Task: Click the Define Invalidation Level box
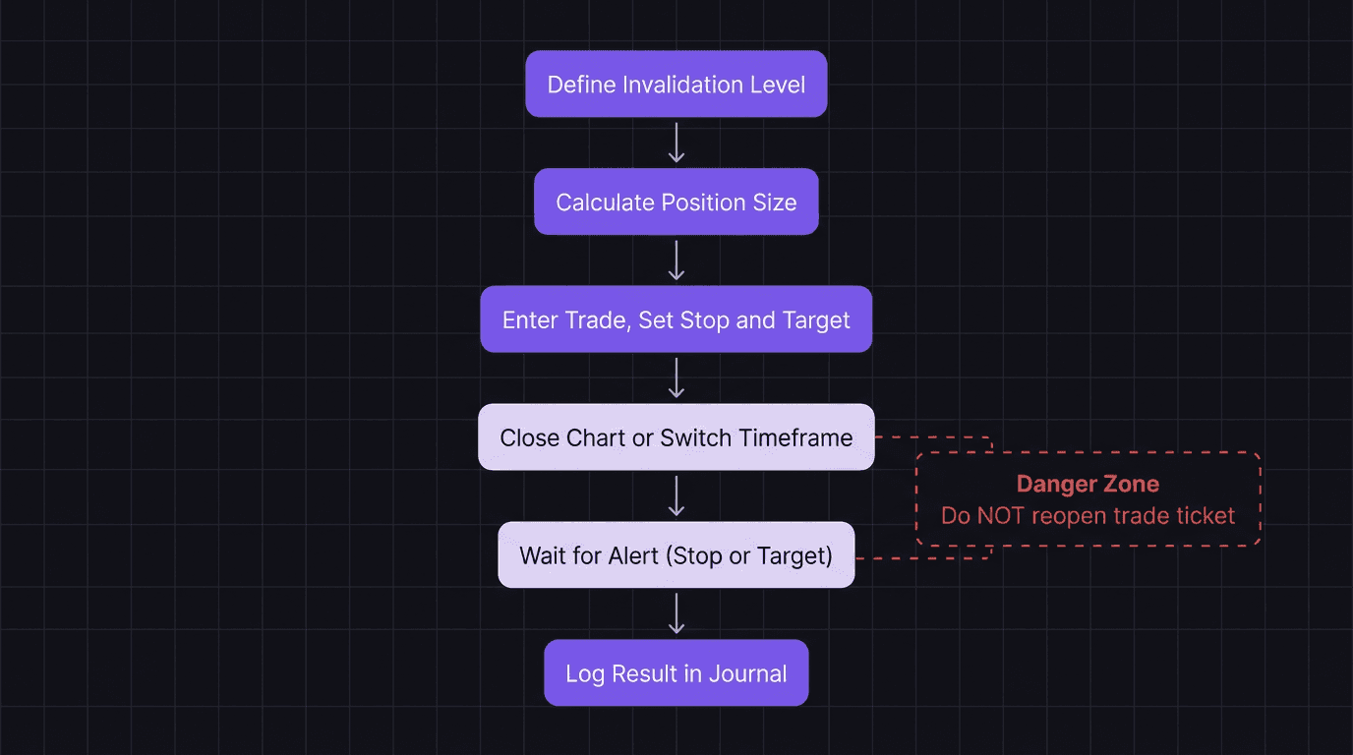(676, 85)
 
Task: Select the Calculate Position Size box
(676, 203)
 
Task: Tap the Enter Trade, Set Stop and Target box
(676, 320)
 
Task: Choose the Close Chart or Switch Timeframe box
(676, 437)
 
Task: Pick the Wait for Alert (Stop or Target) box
(676, 555)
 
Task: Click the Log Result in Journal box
(676, 673)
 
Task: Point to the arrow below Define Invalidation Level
(676, 143)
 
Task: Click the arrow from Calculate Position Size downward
(676, 261)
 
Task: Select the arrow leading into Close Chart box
(676, 378)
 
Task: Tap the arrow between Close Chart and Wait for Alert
(676, 496)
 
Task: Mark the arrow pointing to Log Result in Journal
(676, 614)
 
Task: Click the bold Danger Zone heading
(1088, 484)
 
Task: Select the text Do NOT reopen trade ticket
(1088, 515)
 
